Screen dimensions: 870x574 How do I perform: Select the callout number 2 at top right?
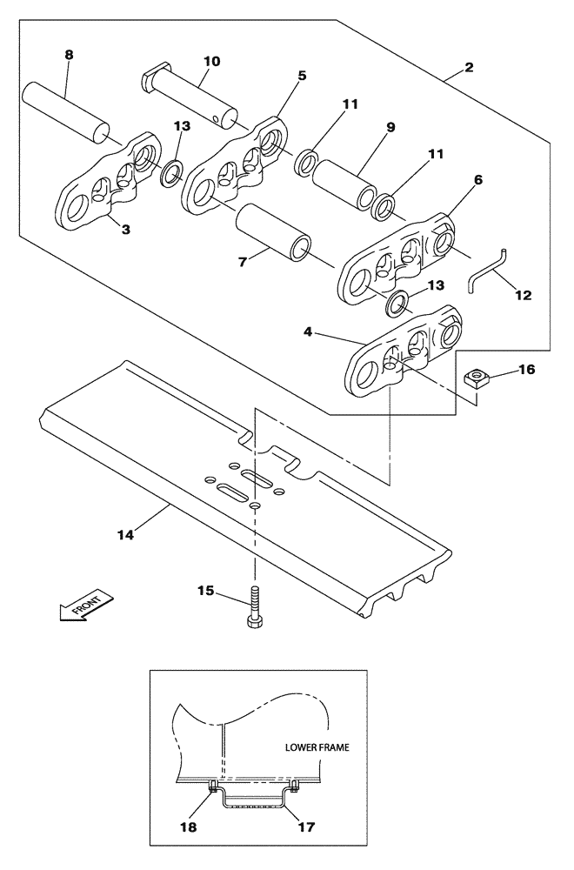tap(469, 67)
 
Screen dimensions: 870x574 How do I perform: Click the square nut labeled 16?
tap(476, 377)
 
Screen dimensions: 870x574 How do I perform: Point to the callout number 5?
tap(302, 76)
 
